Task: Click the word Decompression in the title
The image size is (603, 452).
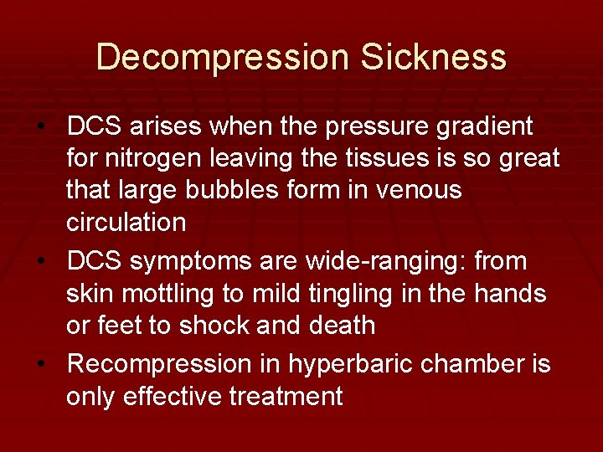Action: tap(222, 57)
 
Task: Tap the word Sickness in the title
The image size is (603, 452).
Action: tap(434, 57)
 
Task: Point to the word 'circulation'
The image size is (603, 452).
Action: tap(126, 222)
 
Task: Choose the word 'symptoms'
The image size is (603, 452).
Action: tap(196, 263)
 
